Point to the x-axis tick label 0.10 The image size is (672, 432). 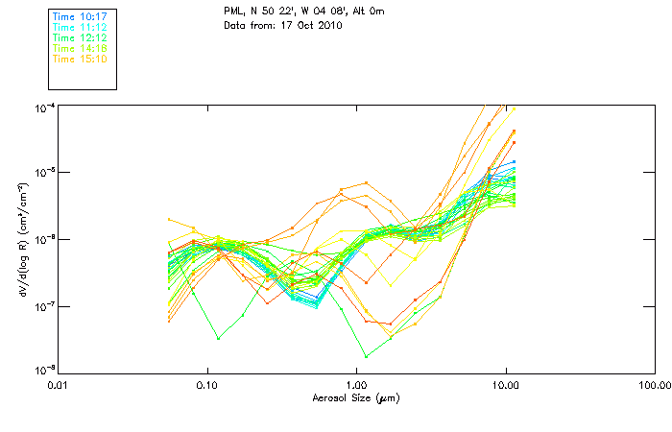[207, 385]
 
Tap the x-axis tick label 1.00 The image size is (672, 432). [356, 385]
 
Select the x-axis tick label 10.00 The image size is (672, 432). [505, 385]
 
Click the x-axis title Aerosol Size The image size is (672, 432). [355, 397]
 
